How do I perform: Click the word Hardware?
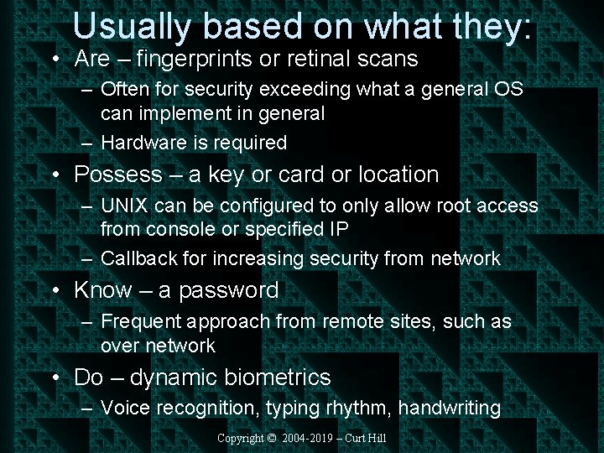(143, 143)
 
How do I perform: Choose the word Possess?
(118, 174)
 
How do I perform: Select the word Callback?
(138, 259)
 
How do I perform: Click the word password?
(228, 291)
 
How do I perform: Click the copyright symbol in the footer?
(272, 438)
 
